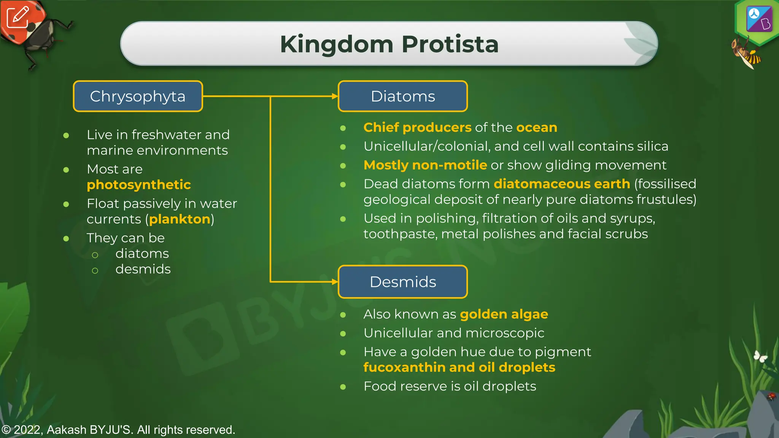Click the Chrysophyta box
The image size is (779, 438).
pos(138,96)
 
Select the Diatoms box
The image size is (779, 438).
pos(402,96)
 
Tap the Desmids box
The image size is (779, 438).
pos(402,282)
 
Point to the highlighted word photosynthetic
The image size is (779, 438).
pos(138,185)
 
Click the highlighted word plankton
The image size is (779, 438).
pos(180,219)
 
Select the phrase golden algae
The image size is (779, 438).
pos(504,314)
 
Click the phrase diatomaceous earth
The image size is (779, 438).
pos(561,184)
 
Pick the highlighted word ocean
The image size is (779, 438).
pos(536,127)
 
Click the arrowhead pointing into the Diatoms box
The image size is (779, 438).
pos(335,96)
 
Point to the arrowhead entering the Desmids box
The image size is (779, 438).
pos(335,282)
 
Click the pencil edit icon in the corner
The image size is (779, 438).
pos(17,17)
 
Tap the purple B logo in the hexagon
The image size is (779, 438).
pos(759,19)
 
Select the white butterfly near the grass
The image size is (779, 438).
pos(760,357)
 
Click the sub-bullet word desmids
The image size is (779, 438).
pos(143,269)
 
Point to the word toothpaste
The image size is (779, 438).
pos(399,234)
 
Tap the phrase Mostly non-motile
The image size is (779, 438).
pos(425,165)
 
